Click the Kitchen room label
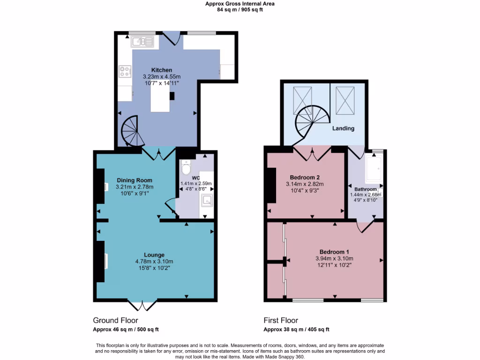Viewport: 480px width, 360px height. point(161,70)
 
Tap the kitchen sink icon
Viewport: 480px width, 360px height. point(142,42)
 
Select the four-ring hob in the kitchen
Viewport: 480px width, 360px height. point(125,71)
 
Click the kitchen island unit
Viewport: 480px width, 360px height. point(160,99)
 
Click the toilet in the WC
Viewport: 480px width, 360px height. point(186,167)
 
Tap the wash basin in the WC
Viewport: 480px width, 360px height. point(206,201)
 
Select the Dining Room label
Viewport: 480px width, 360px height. point(135,180)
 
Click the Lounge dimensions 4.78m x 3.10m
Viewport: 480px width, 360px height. point(154,262)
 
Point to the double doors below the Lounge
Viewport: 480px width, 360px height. point(142,306)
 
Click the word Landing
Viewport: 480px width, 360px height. point(343,128)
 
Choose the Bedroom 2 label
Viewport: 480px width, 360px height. point(305,177)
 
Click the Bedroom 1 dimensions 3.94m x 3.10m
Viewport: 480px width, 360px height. point(334,258)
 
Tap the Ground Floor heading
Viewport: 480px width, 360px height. point(115,321)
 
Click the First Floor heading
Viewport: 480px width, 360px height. point(280,321)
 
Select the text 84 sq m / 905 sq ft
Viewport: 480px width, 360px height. point(240,9)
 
